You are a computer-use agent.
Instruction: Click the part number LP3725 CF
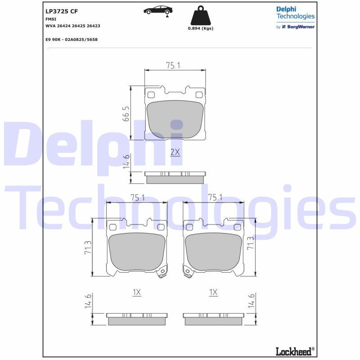tap(62, 11)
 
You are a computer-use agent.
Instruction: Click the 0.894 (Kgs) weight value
tap(200, 28)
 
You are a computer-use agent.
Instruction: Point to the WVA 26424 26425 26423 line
tap(72, 26)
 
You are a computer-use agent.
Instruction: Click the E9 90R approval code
tap(72, 40)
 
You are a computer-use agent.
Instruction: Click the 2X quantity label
tap(175, 152)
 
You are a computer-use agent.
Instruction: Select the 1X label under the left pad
tap(137, 292)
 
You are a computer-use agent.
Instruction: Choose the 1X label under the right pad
tap(213, 292)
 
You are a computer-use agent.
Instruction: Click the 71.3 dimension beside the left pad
tap(88, 248)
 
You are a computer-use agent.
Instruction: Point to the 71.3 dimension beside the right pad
tap(251, 243)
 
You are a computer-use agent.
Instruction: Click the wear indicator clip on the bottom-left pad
tap(161, 272)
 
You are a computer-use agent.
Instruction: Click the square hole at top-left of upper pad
tap(151, 94)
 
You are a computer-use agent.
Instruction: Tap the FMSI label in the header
tap(50, 19)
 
